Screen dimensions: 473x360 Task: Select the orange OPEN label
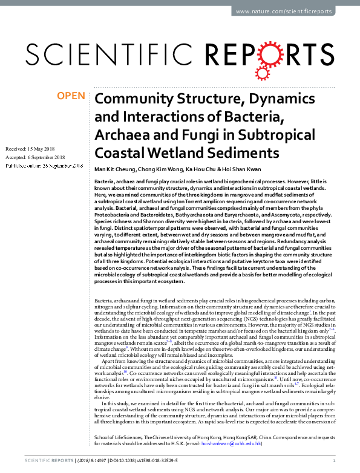71,96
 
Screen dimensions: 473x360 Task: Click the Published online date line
44,165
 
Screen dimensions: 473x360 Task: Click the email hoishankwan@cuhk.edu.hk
232,443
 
